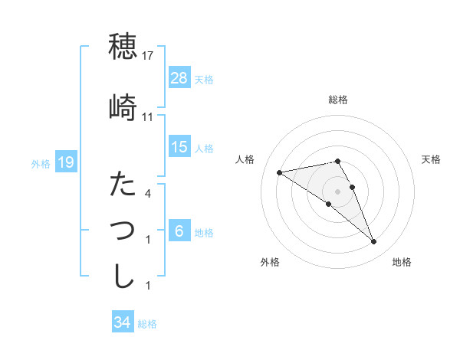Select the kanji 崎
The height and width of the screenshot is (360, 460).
(x=123, y=107)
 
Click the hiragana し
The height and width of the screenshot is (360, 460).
(x=123, y=277)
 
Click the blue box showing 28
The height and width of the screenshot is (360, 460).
(x=179, y=77)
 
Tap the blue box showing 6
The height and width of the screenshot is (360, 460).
(x=179, y=231)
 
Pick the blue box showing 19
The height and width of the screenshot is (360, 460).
(x=66, y=162)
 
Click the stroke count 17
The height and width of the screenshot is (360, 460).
(x=149, y=56)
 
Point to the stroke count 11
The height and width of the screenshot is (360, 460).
(x=149, y=117)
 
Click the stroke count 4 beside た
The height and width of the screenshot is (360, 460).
(x=149, y=193)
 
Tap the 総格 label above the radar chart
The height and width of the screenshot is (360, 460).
(x=338, y=100)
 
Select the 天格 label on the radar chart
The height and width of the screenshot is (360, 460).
(x=431, y=159)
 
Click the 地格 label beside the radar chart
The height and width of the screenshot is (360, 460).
(x=402, y=262)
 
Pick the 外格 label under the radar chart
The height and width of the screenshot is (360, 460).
(x=270, y=262)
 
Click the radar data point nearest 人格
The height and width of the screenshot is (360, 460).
(x=280, y=172)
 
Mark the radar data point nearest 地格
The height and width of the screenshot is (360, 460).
(x=373, y=242)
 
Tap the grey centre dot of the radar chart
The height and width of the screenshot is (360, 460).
(x=338, y=191)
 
